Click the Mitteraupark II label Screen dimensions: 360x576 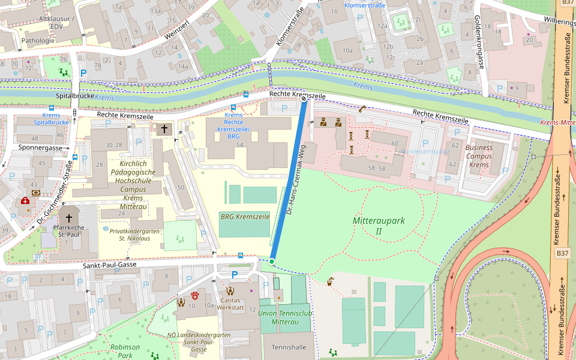pyautogui.click(x=379, y=226)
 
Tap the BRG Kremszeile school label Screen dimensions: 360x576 pyautogui.click(x=244, y=216)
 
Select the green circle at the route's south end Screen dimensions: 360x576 pyautogui.click(x=272, y=262)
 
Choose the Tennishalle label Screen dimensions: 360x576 pyautogui.click(x=289, y=347)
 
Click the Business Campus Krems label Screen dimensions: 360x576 pyautogui.click(x=479, y=156)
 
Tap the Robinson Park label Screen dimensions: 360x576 pyautogui.click(x=125, y=351)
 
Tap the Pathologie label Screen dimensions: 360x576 pyautogui.click(x=37, y=41)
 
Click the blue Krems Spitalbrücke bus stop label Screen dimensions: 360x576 pyautogui.click(x=51, y=118)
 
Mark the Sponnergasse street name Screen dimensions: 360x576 pyautogui.click(x=40, y=147)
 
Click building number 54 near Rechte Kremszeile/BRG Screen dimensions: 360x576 pyautogui.click(x=240, y=145)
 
